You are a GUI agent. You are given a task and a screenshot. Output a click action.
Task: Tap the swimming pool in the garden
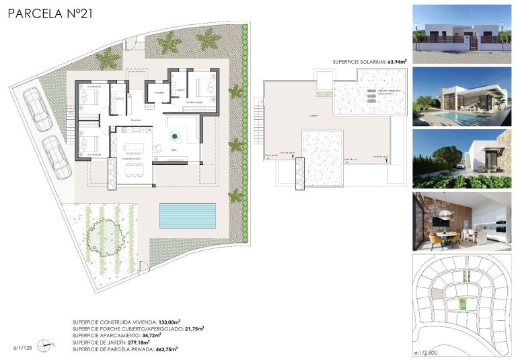click(187, 215)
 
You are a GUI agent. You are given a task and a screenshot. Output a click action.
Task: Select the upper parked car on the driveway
click(38, 110)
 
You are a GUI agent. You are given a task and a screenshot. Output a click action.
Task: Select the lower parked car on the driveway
click(57, 157)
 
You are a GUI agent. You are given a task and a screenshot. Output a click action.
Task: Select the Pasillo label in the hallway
click(136, 120)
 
